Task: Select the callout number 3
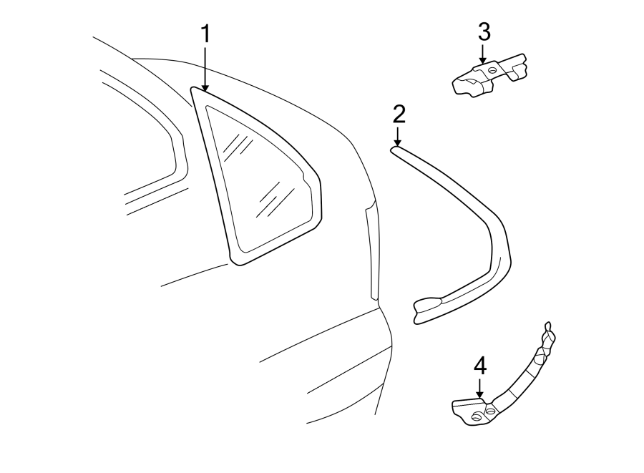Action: coord(484,31)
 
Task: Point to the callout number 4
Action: coord(480,366)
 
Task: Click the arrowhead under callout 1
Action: coord(205,87)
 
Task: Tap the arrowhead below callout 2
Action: coord(398,142)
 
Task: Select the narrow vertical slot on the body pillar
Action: coord(372,250)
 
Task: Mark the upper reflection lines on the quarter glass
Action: coord(237,147)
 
